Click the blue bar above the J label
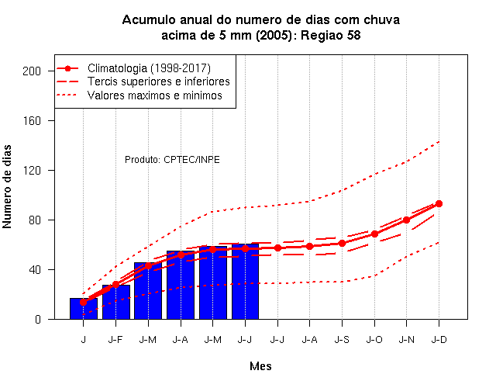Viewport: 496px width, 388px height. coord(84,309)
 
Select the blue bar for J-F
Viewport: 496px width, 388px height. coord(116,302)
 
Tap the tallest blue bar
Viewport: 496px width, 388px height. coord(245,281)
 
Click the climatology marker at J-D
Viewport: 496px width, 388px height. coord(439,203)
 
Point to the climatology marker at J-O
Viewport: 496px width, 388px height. coord(374,234)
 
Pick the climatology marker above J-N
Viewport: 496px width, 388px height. coord(406,220)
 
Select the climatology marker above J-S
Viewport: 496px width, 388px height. coord(342,243)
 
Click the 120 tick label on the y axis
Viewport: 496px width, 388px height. coord(32,171)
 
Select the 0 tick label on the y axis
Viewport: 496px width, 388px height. coord(38,319)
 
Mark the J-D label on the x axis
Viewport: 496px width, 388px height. coord(439,340)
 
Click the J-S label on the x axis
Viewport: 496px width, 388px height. coord(342,340)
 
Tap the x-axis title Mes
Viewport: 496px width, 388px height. coord(260,366)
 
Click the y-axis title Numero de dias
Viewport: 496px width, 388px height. coord(7,186)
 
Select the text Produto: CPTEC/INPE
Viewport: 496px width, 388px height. coord(172,160)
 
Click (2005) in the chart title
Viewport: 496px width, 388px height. coord(274,35)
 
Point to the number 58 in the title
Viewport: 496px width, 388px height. coord(353,35)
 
